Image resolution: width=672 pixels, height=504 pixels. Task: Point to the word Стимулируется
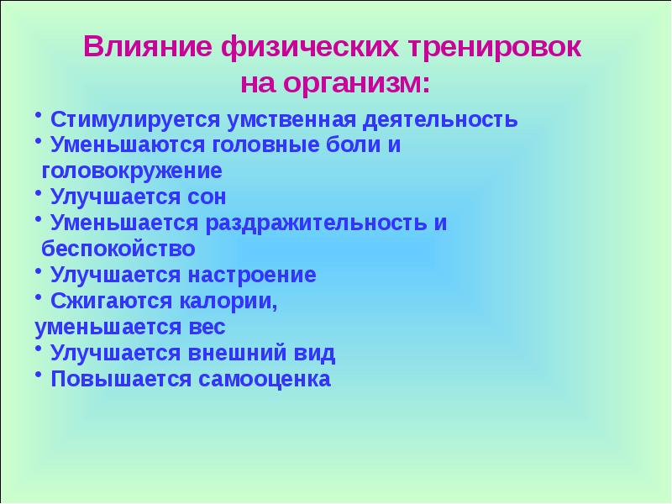pos(134,119)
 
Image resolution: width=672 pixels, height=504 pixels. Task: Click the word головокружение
pos(132,172)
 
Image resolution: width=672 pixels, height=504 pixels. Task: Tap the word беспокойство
pos(118,249)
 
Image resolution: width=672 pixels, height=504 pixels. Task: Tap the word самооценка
pos(265,380)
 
